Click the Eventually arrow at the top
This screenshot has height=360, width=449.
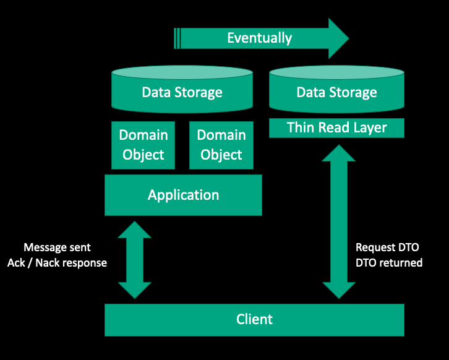[x=260, y=38]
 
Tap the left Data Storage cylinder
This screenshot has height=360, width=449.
[x=182, y=93]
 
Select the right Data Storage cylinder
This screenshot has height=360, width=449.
[x=336, y=93]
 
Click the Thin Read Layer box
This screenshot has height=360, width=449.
[x=336, y=128]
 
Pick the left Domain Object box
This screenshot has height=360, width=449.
[x=143, y=145]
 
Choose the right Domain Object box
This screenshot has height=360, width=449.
[x=221, y=145]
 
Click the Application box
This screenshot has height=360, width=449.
[x=183, y=195]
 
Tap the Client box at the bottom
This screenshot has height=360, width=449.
[x=254, y=319]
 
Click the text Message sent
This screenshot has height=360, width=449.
[x=57, y=247]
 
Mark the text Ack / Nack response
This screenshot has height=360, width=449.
[x=57, y=263]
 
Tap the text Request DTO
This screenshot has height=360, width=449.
[x=387, y=247]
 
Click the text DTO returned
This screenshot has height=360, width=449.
[x=389, y=263]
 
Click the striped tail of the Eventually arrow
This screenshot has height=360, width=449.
[x=177, y=38]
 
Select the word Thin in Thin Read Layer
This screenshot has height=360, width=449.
[x=299, y=128]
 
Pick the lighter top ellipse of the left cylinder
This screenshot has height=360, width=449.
[x=182, y=74]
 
